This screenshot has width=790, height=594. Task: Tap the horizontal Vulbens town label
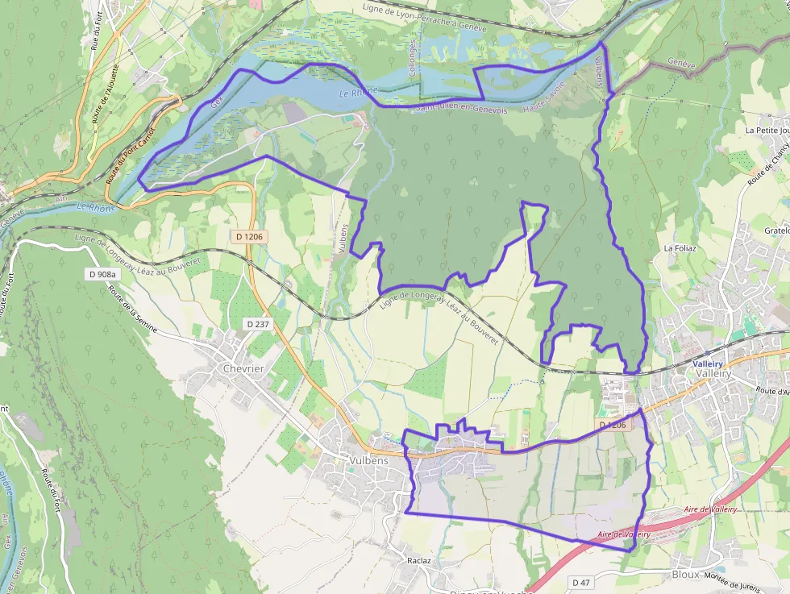(x=369, y=461)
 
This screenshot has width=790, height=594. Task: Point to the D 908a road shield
(x=102, y=275)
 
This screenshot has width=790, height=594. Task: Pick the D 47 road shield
(x=582, y=582)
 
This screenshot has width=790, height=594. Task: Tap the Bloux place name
(x=685, y=575)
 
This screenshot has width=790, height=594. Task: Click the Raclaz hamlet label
(x=419, y=559)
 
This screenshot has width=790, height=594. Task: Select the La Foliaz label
(x=680, y=249)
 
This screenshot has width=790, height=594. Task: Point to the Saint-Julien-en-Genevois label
(x=462, y=109)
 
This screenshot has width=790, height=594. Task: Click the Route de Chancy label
(x=765, y=165)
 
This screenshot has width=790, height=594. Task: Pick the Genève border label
(x=680, y=64)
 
